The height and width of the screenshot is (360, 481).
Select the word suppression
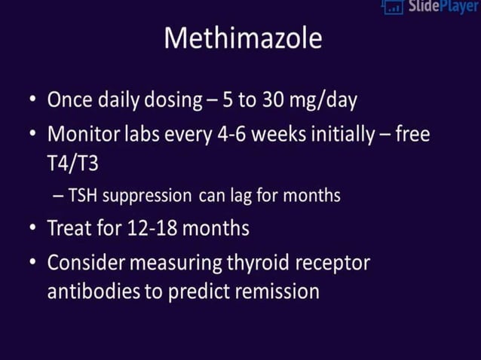tap(146, 196)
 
